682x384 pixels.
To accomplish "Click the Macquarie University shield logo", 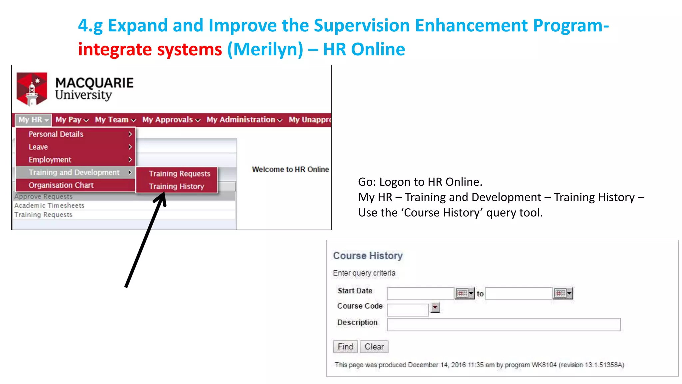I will coord(32,89).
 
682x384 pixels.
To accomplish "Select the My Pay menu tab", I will coord(72,120).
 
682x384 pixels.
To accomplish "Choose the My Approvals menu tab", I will coord(171,120).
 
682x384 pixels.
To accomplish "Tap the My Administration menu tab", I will coord(244,120).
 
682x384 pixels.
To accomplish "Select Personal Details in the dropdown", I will coord(56,134).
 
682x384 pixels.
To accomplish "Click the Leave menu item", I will coord(38,147).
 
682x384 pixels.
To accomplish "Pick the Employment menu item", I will coord(50,160).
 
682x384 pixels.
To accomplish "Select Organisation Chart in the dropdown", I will coord(61,185).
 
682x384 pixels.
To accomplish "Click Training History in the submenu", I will coord(176,186).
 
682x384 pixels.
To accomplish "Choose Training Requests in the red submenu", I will coord(179,174).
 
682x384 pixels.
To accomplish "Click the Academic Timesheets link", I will coord(49,206).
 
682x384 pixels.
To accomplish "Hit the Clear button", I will coord(374,347).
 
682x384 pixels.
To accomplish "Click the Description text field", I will coord(504,325).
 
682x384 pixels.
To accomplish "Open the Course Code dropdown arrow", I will coord(435,307).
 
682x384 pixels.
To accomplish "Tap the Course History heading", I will coord(368,256).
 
